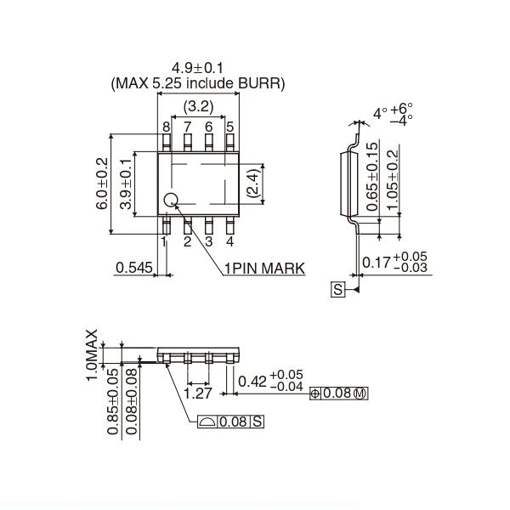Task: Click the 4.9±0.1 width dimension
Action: (198, 67)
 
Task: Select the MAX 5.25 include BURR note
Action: (198, 83)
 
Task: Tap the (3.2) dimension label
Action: (198, 106)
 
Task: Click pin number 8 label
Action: (167, 127)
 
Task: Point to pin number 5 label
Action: (229, 127)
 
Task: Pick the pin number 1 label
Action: (165, 241)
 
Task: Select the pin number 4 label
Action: (229, 241)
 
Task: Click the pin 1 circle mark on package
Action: (172, 201)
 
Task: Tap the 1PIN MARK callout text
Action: (264, 269)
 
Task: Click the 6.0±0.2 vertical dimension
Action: (102, 184)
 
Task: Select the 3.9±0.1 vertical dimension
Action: (126, 184)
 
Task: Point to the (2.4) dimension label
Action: (252, 182)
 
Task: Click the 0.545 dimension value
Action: (134, 269)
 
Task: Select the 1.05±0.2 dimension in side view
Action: (393, 184)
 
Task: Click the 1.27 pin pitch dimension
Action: (197, 394)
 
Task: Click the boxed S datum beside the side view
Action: (337, 290)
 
